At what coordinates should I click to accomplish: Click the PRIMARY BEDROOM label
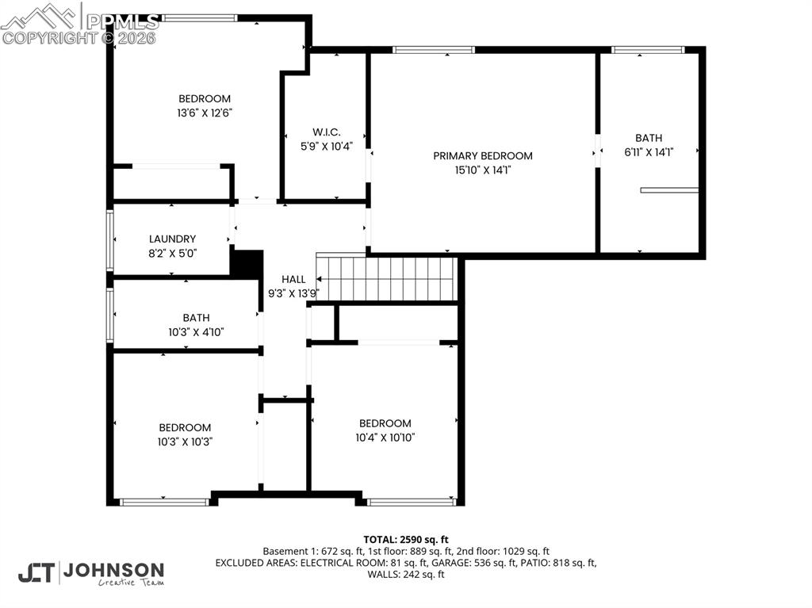click(482, 156)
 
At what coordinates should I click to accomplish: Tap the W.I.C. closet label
click(326, 132)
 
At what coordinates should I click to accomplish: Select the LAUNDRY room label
click(172, 239)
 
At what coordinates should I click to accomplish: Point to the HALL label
click(293, 279)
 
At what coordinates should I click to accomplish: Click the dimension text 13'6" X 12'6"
click(205, 113)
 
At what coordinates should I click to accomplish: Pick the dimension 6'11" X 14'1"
click(649, 152)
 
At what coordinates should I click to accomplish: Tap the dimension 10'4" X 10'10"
click(385, 437)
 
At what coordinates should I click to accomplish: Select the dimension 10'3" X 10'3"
click(185, 442)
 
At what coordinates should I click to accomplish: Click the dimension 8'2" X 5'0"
click(172, 253)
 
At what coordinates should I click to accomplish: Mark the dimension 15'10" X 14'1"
click(482, 170)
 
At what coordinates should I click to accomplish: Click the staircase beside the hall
click(387, 278)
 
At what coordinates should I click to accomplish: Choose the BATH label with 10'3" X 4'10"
click(196, 318)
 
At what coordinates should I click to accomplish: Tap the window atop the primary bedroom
click(434, 50)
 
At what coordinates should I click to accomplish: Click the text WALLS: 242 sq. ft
click(406, 574)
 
